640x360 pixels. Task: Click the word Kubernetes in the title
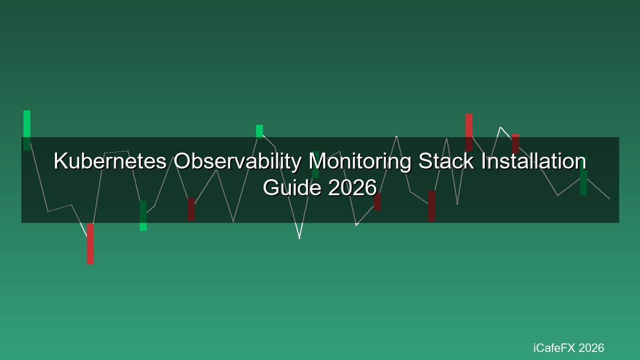(110, 161)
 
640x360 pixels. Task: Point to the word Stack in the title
(446, 161)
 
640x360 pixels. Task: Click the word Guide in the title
(292, 187)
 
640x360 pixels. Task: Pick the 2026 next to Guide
(353, 187)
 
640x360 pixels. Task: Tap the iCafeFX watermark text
(554, 348)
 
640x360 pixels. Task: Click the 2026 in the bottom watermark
(591, 348)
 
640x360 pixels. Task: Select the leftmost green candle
(27, 130)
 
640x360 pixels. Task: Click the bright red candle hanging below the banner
(90, 244)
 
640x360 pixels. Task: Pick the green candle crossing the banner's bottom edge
(143, 215)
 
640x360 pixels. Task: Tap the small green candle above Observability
(259, 132)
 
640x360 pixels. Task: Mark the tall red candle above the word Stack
(469, 132)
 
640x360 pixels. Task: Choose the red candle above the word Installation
(515, 143)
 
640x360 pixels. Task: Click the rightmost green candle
(583, 176)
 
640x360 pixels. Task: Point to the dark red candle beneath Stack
(431, 206)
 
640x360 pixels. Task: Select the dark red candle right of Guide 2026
(377, 202)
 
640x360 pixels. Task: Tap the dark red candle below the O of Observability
(191, 209)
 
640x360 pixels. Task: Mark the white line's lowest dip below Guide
(299, 238)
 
